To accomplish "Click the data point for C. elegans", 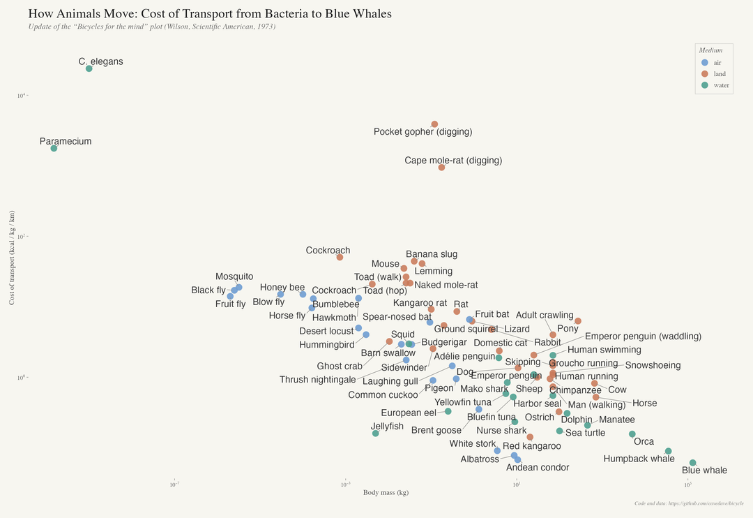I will (89, 68).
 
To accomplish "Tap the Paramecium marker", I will (54, 148).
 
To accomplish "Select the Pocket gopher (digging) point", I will (434, 124).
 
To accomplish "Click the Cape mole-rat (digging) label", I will (453, 161).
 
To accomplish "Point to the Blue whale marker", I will (692, 463).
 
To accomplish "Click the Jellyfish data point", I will (375, 434).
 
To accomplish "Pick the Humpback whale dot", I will (668, 451).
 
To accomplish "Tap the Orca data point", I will (632, 434).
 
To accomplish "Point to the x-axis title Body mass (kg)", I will (386, 493).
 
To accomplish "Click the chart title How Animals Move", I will (209, 14).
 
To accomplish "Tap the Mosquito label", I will (234, 277).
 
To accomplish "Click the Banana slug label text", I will (432, 255).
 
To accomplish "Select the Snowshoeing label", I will (653, 366).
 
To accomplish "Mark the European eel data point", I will (448, 411).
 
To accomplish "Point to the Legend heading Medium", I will (710, 50).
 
